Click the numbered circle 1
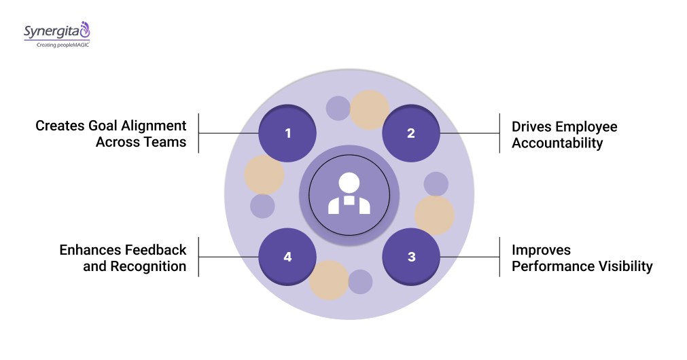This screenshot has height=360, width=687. click(x=287, y=133)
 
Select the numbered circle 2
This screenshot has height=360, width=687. click(x=411, y=133)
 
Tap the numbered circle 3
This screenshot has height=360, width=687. click(x=411, y=257)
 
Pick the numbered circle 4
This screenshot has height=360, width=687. click(x=287, y=257)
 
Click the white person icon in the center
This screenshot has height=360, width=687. click(x=349, y=194)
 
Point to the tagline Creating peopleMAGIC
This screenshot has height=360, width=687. click(x=58, y=44)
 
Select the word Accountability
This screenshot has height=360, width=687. click(x=557, y=143)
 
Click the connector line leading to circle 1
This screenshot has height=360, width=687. click(x=228, y=133)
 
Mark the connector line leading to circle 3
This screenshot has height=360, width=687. click(x=469, y=257)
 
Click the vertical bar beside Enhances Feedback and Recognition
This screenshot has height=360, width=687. click(x=198, y=257)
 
